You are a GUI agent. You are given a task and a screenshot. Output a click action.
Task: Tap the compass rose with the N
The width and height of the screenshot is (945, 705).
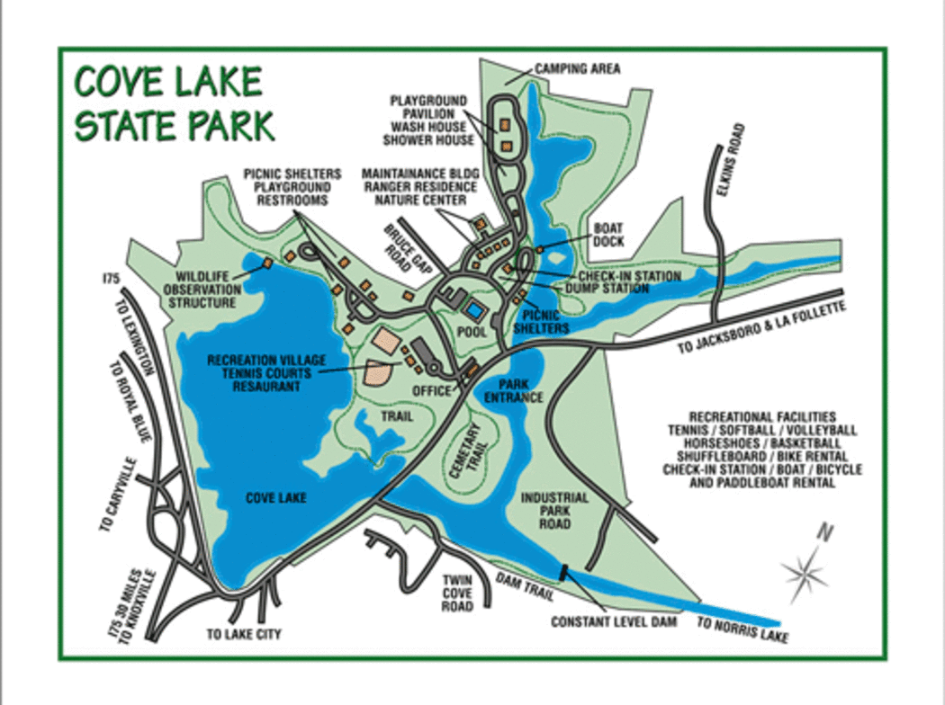pos(805,567)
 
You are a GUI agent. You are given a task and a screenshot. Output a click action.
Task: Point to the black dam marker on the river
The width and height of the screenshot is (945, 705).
pos(564,570)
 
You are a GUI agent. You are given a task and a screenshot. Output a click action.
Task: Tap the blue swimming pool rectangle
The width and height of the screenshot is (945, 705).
pos(473,310)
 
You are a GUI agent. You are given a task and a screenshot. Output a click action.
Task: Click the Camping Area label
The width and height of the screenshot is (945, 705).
pos(577,68)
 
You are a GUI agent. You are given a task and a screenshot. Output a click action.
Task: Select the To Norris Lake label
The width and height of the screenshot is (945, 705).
pos(742,630)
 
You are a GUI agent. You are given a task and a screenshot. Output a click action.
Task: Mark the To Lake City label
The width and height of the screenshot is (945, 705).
pos(243,634)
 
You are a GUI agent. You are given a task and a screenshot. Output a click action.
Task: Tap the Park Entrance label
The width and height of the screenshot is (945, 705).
pos(514,390)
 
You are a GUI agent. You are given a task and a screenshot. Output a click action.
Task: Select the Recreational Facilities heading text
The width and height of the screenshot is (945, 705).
pos(762,417)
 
